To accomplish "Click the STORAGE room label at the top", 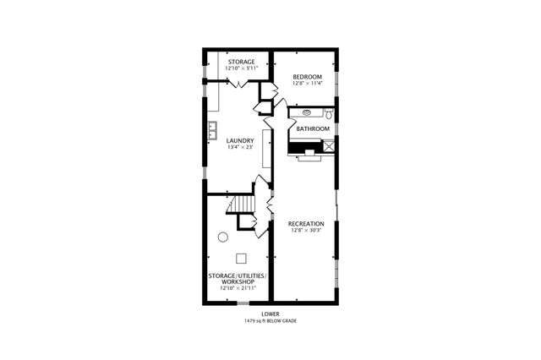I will coord(241,62).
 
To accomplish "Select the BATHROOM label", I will coord(313,128).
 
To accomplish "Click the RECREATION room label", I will coord(306,223).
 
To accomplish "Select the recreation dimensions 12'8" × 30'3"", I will coord(306,230).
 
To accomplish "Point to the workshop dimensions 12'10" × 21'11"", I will coord(238,289).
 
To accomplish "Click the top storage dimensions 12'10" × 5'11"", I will coord(241,68).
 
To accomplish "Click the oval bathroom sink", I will coord(305,112).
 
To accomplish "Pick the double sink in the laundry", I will coord(213,131).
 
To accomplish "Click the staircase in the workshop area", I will coord(243,204).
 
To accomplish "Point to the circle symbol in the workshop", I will coord(223,237).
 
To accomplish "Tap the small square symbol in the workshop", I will coord(241,258).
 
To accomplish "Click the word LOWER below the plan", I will coord(270,314).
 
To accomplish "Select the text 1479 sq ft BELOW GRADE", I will coord(270,321).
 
